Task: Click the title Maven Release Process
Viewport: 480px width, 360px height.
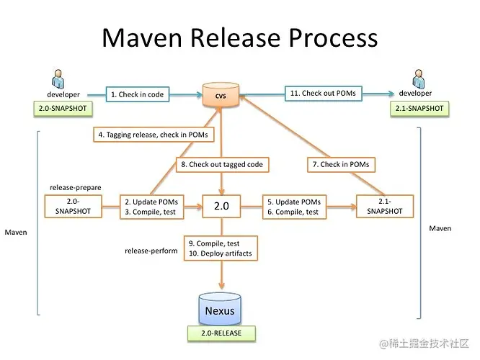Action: [x=239, y=37]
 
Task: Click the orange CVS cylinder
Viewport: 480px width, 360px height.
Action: [x=221, y=96]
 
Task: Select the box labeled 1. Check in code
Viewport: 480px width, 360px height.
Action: [x=137, y=94]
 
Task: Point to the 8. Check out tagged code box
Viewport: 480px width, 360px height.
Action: [x=221, y=165]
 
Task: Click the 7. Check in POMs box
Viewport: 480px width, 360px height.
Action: [x=340, y=165]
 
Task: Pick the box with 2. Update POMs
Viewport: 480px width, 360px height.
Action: [x=151, y=207]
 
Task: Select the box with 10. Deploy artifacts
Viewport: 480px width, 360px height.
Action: [x=221, y=248]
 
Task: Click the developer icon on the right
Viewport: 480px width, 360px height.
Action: [x=417, y=77]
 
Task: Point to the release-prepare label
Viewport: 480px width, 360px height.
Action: [x=75, y=187]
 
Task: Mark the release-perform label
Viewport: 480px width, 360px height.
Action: [x=151, y=251]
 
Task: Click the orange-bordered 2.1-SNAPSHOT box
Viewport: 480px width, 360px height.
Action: [x=387, y=206]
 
